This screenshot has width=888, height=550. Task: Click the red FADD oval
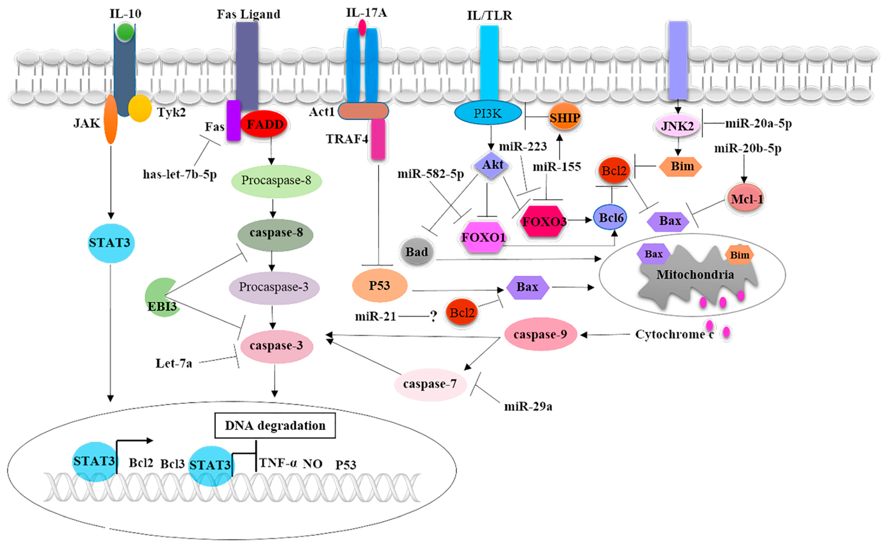pyautogui.click(x=264, y=124)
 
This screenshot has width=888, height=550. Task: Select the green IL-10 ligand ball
pyautogui.click(x=125, y=32)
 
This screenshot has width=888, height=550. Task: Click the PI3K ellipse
pyautogui.click(x=488, y=113)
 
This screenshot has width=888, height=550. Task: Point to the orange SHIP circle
pyautogui.click(x=564, y=117)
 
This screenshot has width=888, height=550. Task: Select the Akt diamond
pyautogui.click(x=492, y=165)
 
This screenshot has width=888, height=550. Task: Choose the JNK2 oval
pyautogui.click(x=677, y=126)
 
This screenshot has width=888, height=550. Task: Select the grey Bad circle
pyautogui.click(x=416, y=252)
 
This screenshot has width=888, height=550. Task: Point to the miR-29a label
pyautogui.click(x=528, y=406)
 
